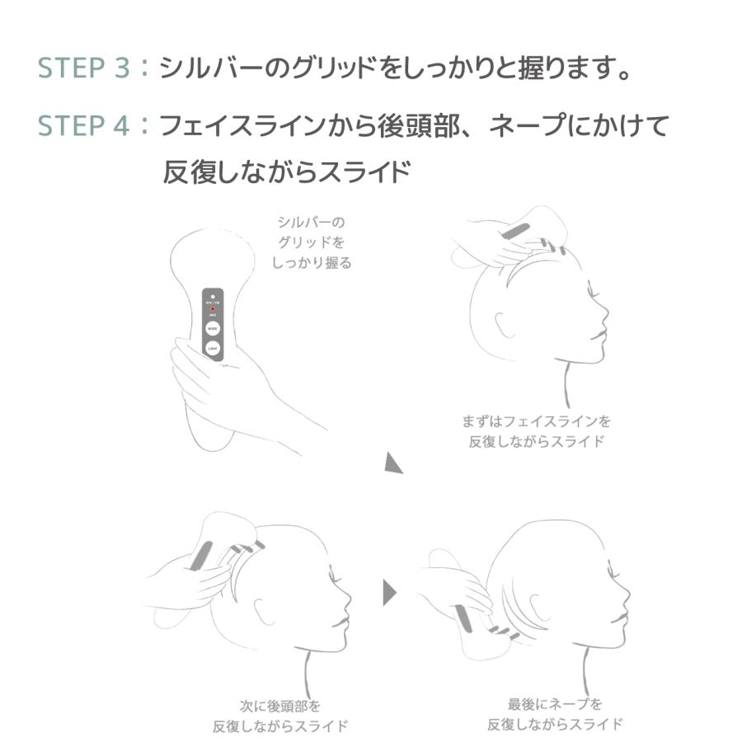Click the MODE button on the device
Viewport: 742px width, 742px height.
pos(214,327)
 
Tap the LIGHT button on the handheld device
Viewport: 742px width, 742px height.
pos(214,350)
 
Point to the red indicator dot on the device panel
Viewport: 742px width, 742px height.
pos(214,309)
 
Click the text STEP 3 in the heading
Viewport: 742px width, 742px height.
pos(85,68)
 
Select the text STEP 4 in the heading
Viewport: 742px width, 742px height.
pos(85,126)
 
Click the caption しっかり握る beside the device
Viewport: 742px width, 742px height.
pos(312,263)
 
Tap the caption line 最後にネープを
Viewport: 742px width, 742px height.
pos(555,704)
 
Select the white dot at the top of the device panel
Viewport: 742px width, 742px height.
pos(214,295)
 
